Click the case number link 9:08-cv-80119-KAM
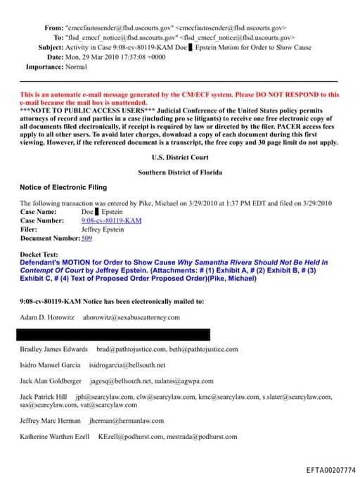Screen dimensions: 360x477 (x=111, y=220)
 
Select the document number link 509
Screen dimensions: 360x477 (x=86, y=238)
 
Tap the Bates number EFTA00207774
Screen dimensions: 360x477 (x=330, y=469)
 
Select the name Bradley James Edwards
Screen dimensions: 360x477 (x=54, y=349)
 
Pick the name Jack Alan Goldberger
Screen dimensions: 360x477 (x=51, y=381)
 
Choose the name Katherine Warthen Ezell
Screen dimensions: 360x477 (x=54, y=437)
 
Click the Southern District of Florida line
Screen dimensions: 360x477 (x=179, y=172)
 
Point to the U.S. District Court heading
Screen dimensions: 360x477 (x=179, y=158)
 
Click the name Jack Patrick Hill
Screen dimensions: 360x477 (x=44, y=397)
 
